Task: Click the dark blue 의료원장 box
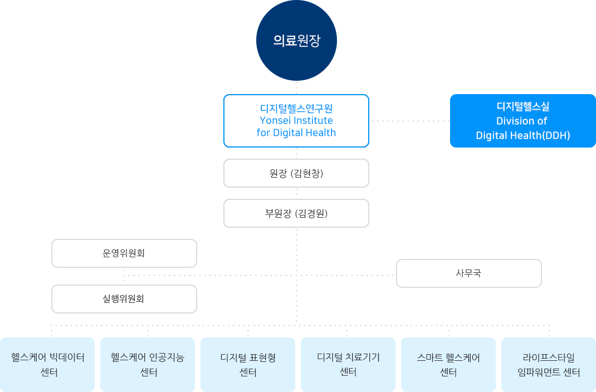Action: [296, 41]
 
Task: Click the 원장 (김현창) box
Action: [296, 173]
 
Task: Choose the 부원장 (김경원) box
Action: [296, 213]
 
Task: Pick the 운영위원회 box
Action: [124, 253]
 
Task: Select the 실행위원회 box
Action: [124, 299]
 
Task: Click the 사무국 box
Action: [468, 273]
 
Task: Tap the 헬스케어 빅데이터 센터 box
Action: [47, 365]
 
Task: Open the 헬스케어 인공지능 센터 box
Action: [148, 365]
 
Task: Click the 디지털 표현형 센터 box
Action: [248, 365]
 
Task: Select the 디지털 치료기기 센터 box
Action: [348, 365]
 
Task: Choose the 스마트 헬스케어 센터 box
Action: [448, 365]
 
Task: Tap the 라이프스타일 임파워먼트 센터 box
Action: [549, 365]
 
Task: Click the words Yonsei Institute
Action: [296, 120]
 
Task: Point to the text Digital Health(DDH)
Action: [522, 135]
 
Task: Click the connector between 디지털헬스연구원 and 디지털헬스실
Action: [409, 121]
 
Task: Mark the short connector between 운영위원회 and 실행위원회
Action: [124, 276]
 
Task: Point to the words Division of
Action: [521, 121]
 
